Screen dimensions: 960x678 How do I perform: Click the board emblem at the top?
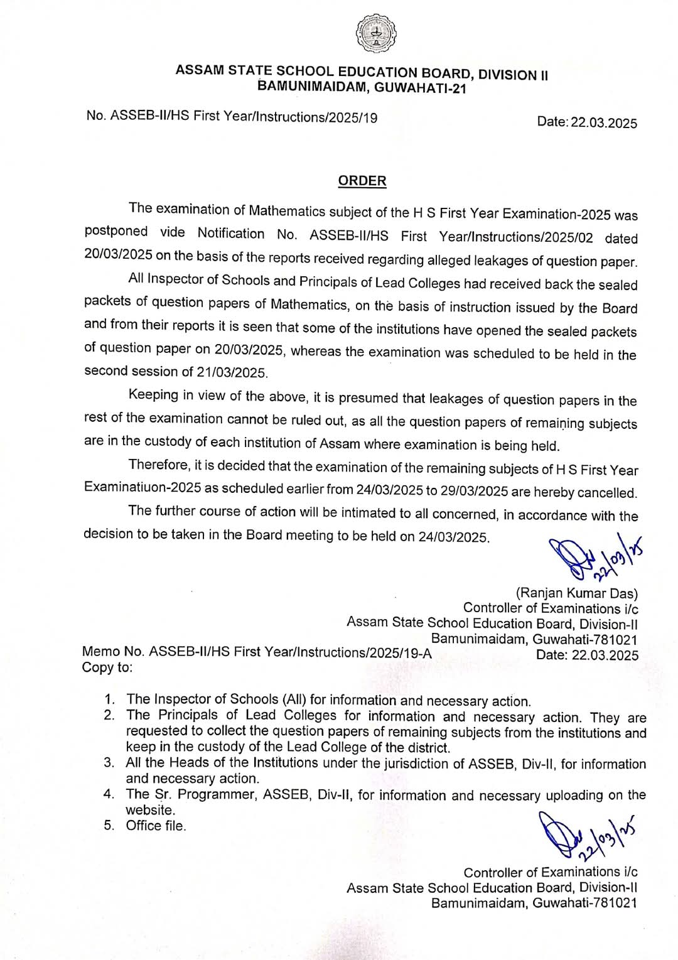[376, 33]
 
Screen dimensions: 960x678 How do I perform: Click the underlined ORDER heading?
[362, 181]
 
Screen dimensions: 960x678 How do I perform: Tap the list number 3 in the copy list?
[109, 763]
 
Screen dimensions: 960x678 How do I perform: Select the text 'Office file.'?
[156, 826]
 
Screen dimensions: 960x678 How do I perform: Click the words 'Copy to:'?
[107, 667]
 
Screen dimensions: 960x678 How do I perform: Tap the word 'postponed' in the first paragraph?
[116, 231]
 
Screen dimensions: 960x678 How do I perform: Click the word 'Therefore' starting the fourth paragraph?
[158, 465]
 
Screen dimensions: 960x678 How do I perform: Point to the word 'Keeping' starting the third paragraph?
[153, 394]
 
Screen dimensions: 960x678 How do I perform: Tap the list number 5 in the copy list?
[109, 826]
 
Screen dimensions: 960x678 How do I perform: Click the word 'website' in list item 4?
[150, 810]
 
